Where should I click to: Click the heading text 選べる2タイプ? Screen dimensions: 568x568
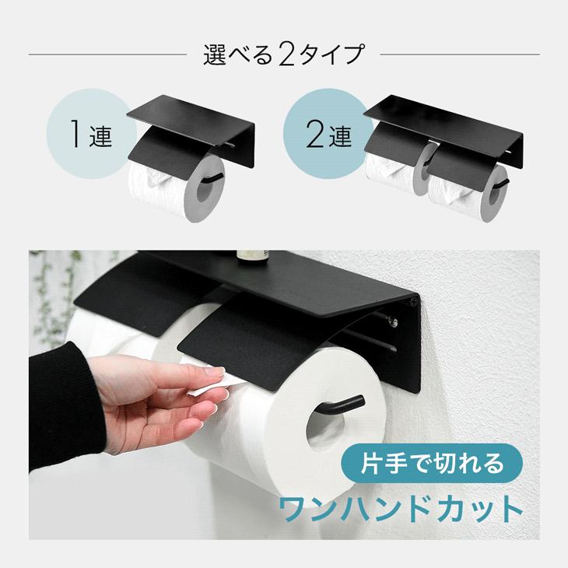point(283,55)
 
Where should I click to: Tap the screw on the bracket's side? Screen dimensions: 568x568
point(414,300)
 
